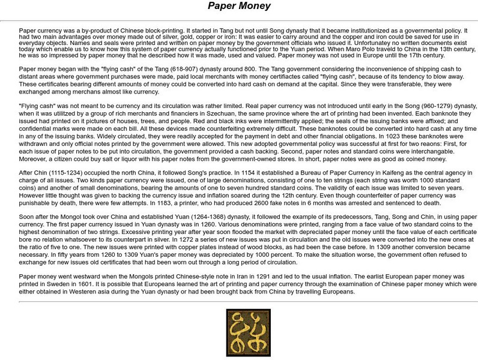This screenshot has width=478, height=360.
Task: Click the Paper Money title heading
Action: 239,7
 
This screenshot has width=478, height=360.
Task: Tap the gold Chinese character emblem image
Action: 240,332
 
